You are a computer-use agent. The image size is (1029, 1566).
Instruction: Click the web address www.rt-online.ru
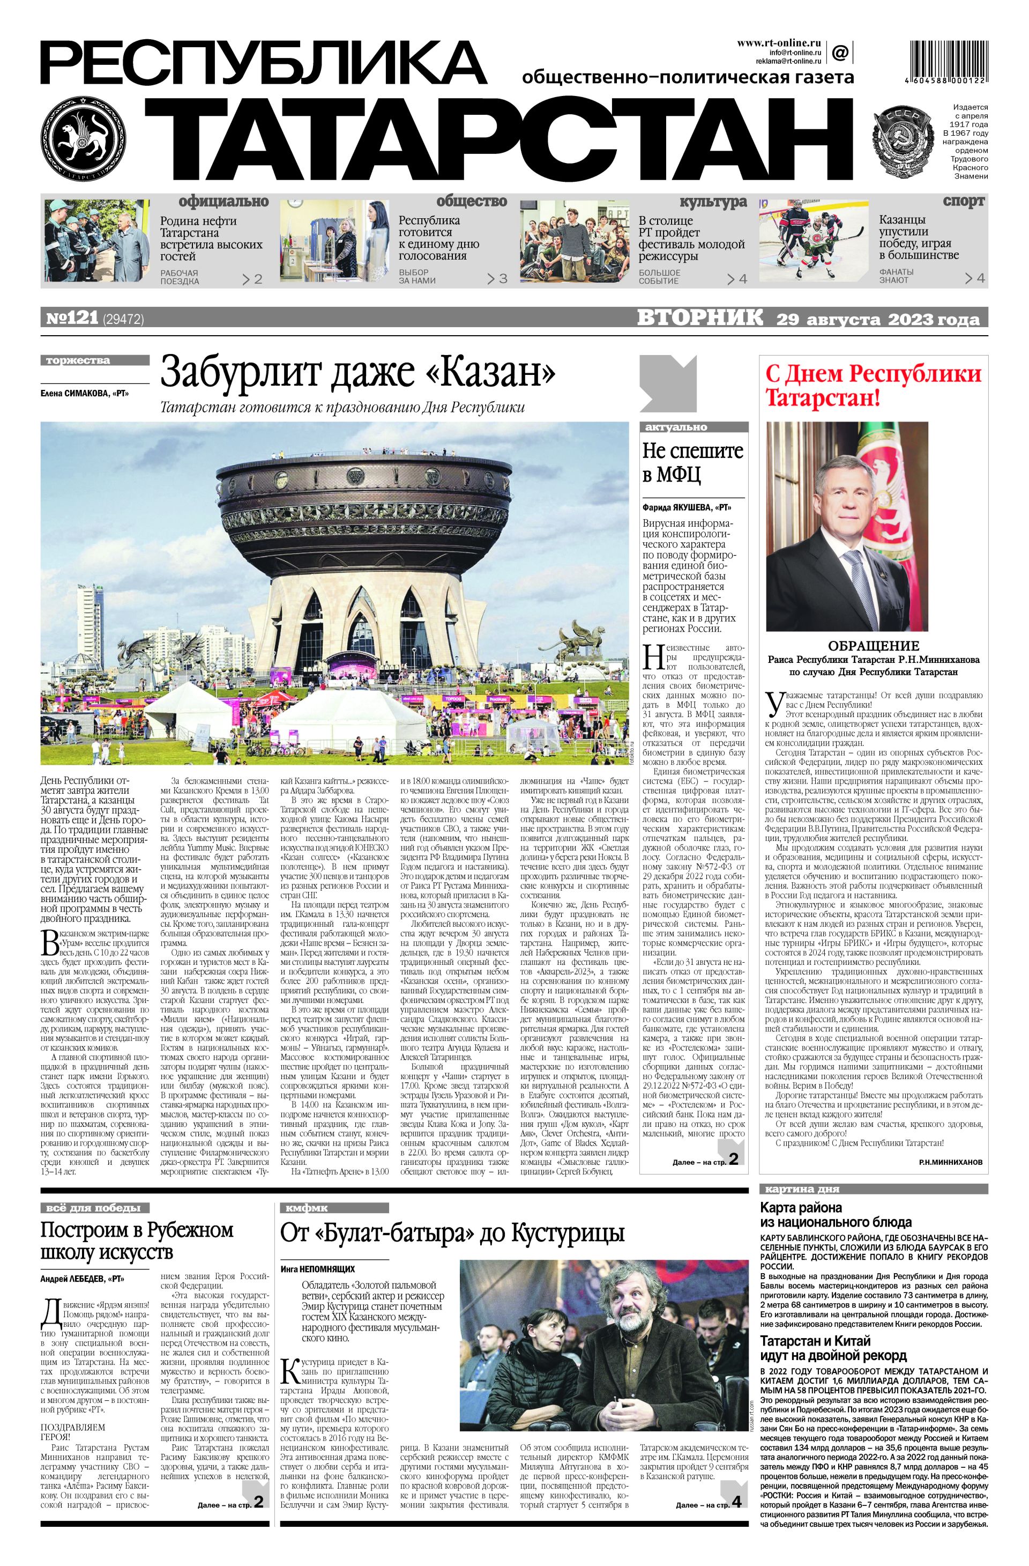point(780,42)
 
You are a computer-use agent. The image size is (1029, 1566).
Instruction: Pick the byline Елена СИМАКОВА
point(84,394)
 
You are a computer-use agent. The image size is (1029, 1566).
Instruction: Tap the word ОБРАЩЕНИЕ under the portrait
point(873,646)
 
